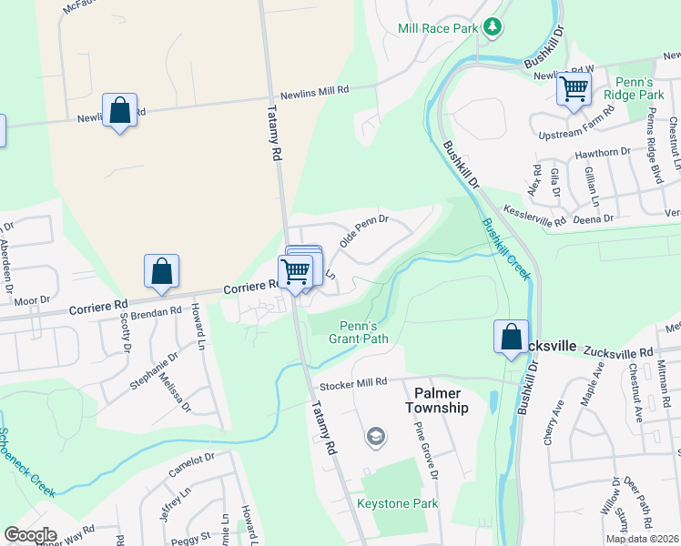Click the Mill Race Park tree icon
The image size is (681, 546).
pyautogui.click(x=493, y=27)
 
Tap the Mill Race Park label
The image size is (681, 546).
pyautogui.click(x=438, y=28)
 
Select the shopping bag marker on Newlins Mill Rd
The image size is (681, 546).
pyautogui.click(x=119, y=110)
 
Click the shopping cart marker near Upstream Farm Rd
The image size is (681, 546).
pyautogui.click(x=574, y=89)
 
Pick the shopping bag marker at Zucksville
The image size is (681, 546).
pyautogui.click(x=512, y=337)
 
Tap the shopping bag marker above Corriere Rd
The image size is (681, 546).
pyautogui.click(x=161, y=270)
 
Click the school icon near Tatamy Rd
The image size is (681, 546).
pyautogui.click(x=374, y=438)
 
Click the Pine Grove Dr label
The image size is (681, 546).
pyautogui.click(x=426, y=450)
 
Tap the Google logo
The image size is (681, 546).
pyautogui.click(x=29, y=535)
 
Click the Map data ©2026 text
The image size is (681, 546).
pyautogui.click(x=642, y=539)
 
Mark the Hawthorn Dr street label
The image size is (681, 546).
pyautogui.click(x=603, y=152)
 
